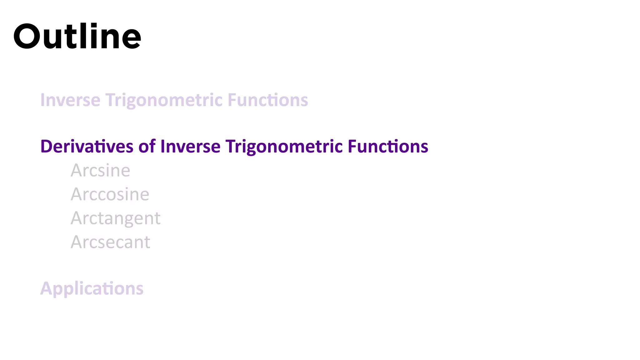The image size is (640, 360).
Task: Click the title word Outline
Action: pyautogui.click(x=77, y=37)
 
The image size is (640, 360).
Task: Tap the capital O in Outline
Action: pyautogui.click(x=27, y=37)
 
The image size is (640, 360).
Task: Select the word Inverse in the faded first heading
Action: pyautogui.click(x=70, y=100)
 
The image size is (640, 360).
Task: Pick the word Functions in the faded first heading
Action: pyautogui.click(x=268, y=100)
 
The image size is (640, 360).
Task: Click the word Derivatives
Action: pyautogui.click(x=87, y=146)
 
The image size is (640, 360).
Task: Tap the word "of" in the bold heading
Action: pyautogui.click(x=147, y=146)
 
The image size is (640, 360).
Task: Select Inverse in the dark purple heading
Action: pyautogui.click(x=190, y=146)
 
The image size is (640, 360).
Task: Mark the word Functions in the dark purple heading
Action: pyautogui.click(x=388, y=146)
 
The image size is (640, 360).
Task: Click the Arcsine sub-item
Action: pyautogui.click(x=100, y=170)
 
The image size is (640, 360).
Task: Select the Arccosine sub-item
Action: pyautogui.click(x=110, y=194)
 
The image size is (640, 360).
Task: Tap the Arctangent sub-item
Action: pyautogui.click(x=116, y=218)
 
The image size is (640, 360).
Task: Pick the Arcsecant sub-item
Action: pyautogui.click(x=111, y=242)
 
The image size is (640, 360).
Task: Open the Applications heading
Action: pyautogui.click(x=92, y=288)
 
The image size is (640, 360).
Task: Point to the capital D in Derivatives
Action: pyautogui.click(x=46, y=146)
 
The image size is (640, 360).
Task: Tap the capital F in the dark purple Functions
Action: pyautogui.click(x=352, y=146)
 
